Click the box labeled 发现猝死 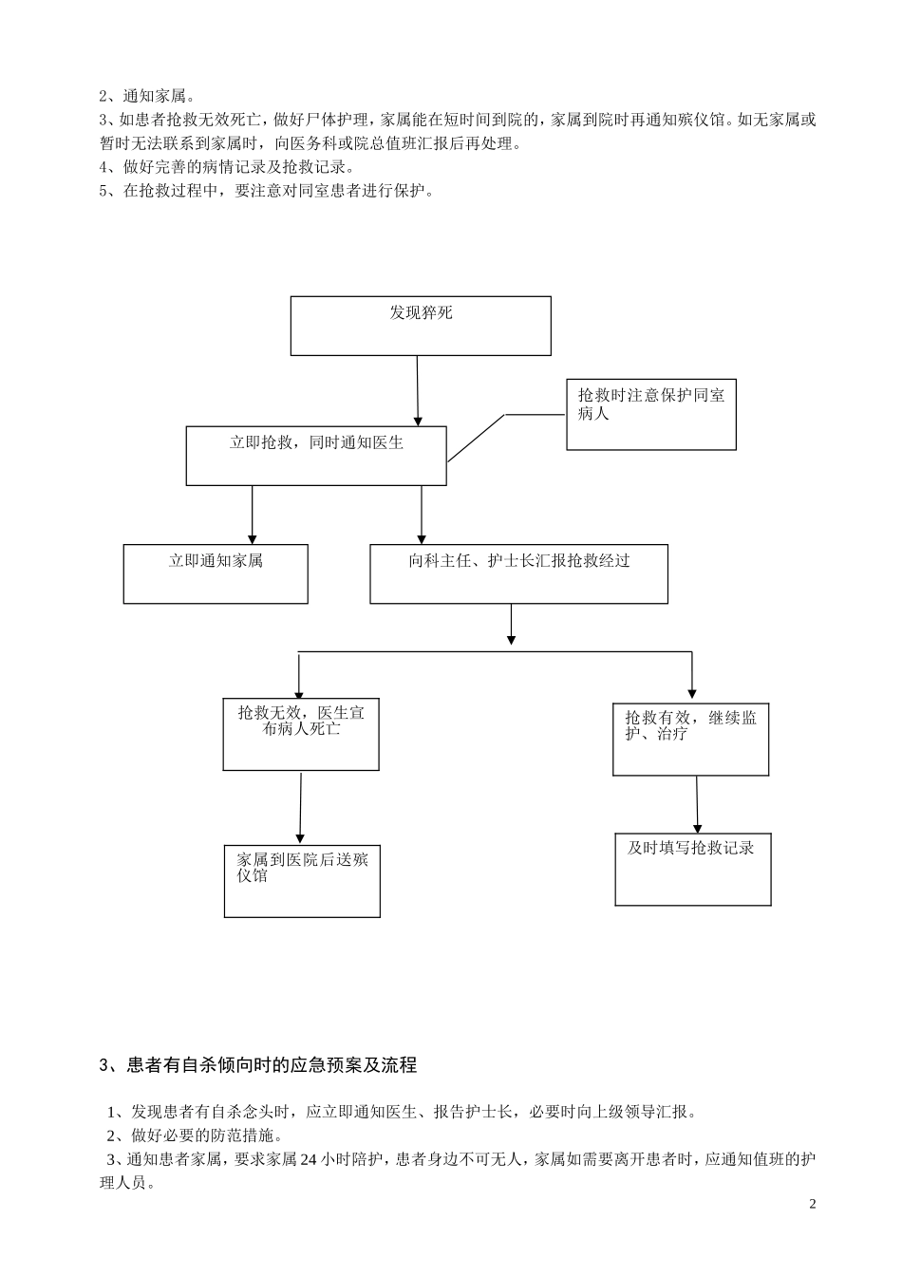click(421, 326)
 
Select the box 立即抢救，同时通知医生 click(316, 456)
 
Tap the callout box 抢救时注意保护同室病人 click(651, 415)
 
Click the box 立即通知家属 click(216, 573)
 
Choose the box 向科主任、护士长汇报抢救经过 click(518, 573)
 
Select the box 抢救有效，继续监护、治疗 click(691, 740)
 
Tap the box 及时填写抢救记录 click(693, 870)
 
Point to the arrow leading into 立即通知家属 click(252, 515)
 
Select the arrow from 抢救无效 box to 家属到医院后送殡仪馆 click(301, 807)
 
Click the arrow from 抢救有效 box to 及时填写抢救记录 click(697, 805)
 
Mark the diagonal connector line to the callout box click(477, 438)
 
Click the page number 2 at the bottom click(812, 1205)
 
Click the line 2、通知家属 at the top click(147, 96)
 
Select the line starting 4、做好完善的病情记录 click(227, 167)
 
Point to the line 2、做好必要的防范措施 click(194, 1135)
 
